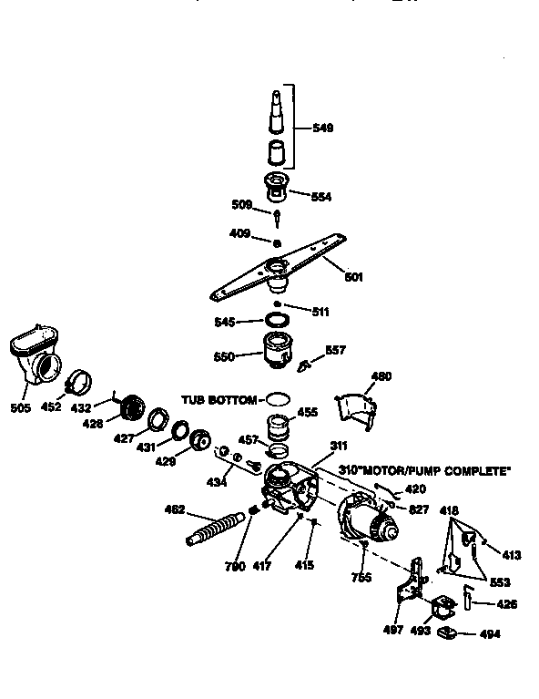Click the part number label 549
click(322, 128)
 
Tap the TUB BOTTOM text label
click(219, 399)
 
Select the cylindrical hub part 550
click(279, 351)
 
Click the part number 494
click(490, 633)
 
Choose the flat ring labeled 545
click(278, 321)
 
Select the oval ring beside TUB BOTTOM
click(278, 399)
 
